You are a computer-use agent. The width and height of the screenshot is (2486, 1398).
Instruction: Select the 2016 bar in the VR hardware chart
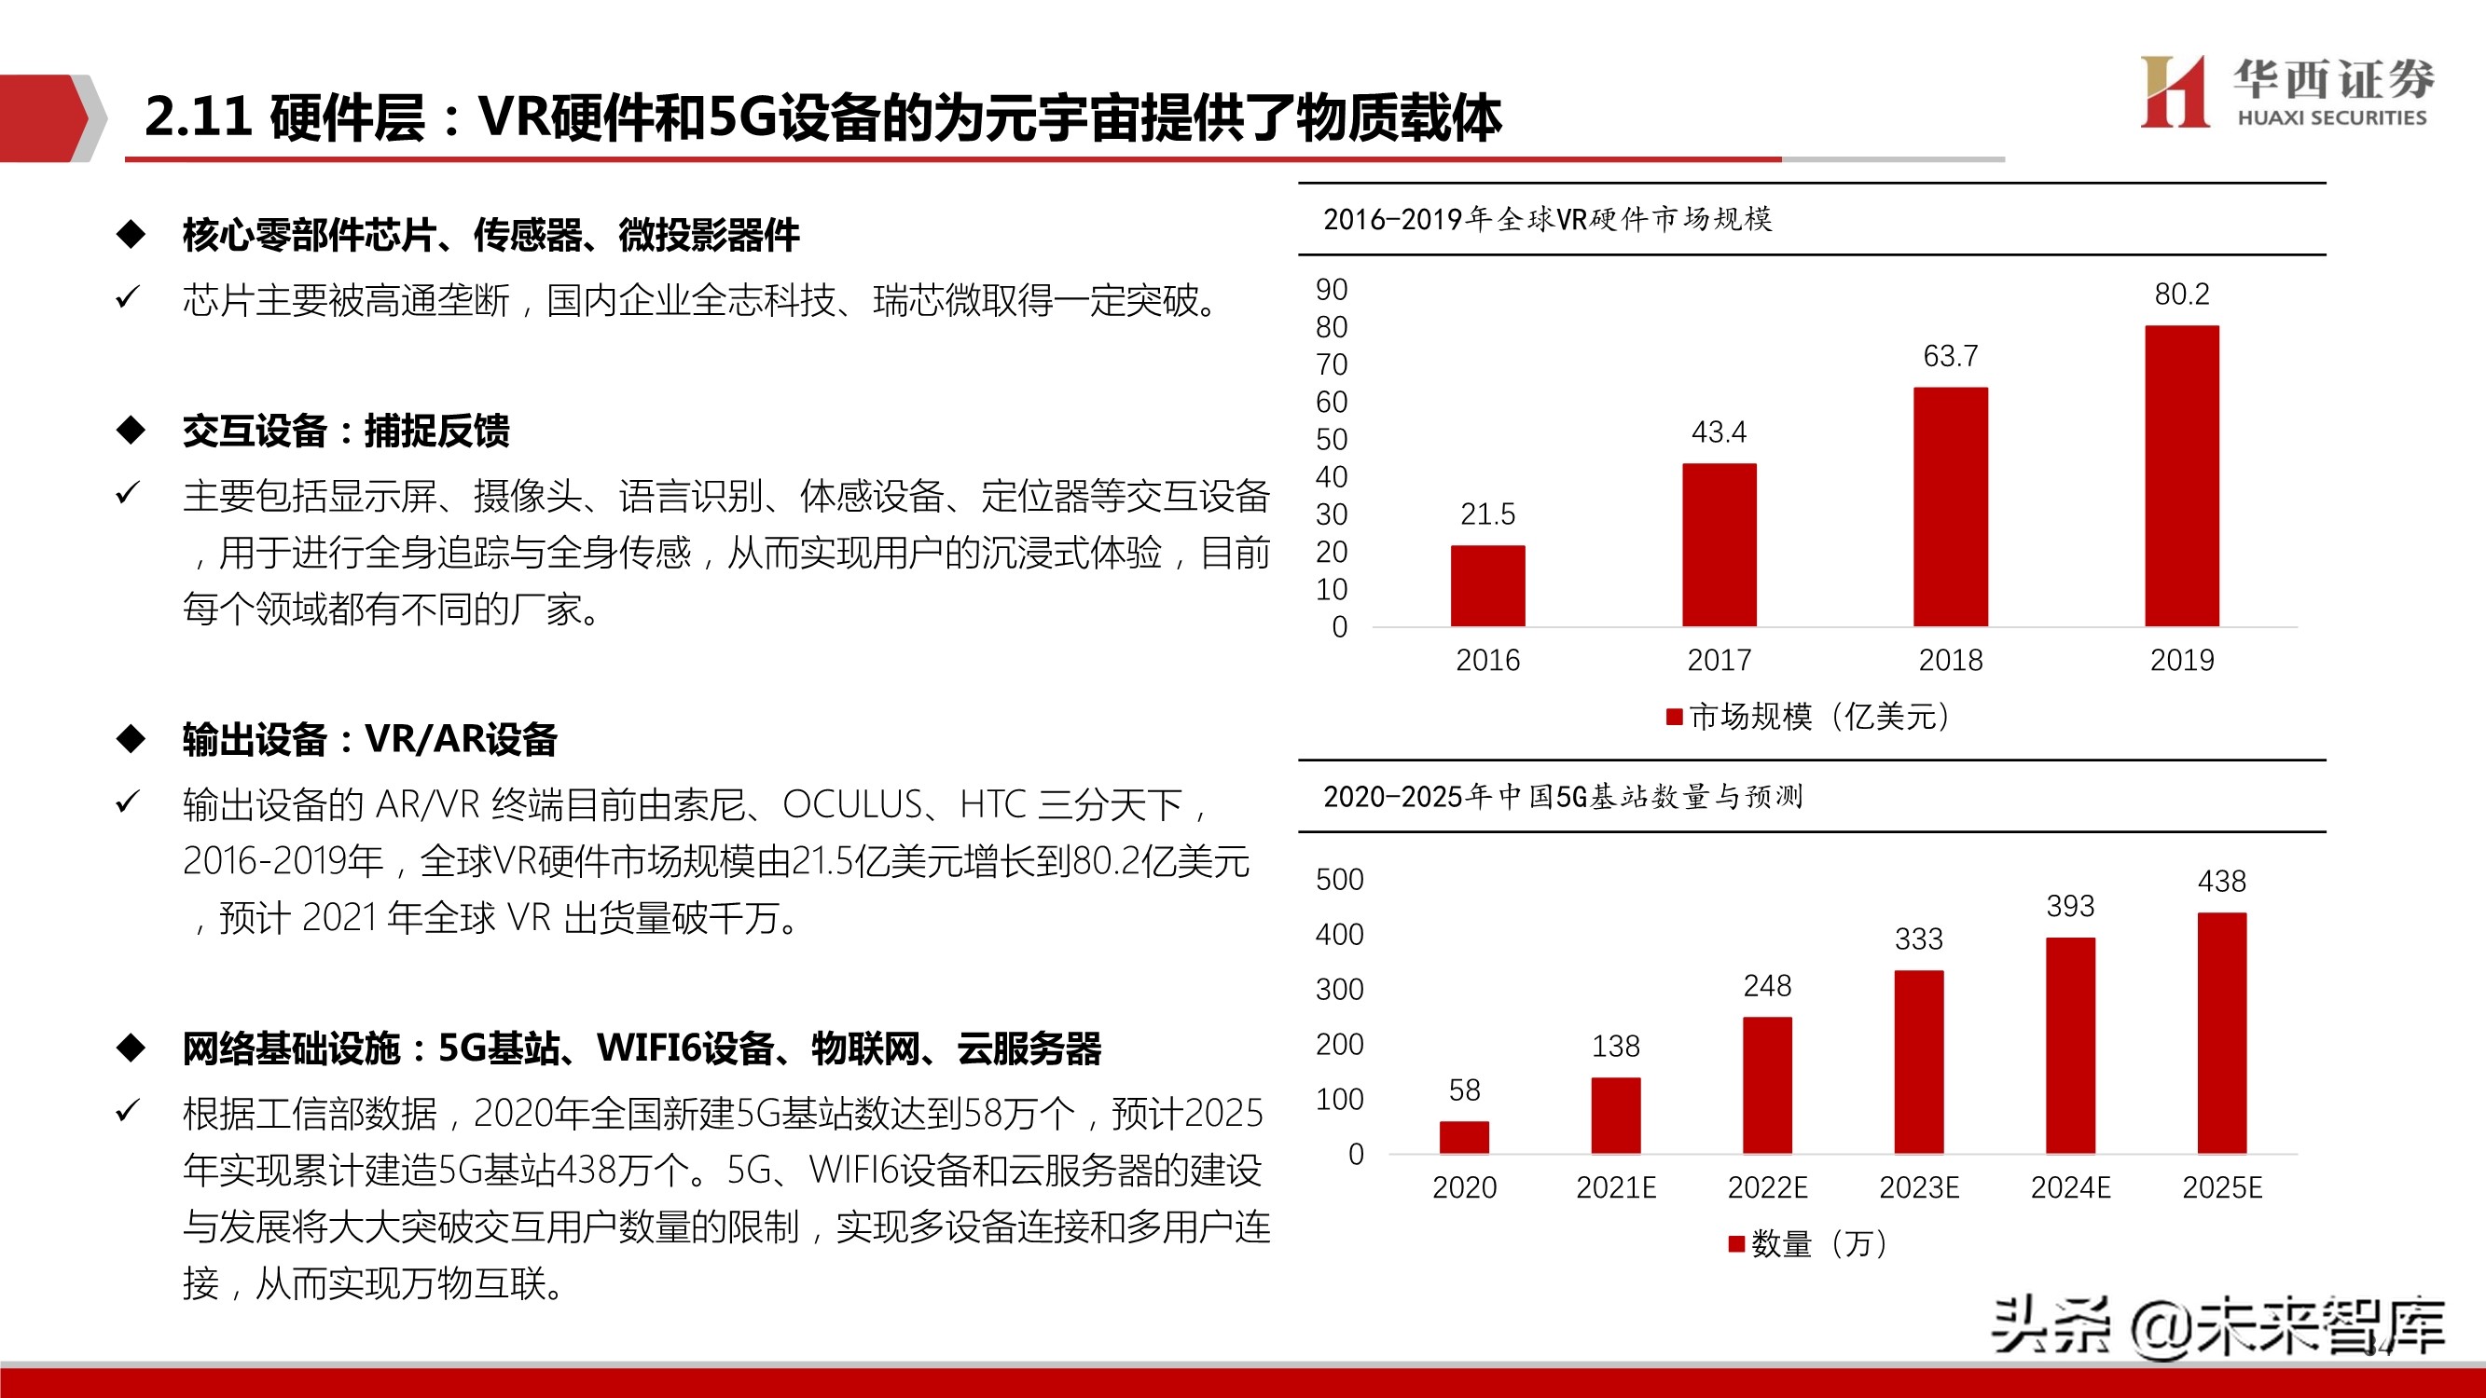pyautogui.click(x=1487, y=585)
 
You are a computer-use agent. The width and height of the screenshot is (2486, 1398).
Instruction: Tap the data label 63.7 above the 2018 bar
pyautogui.click(x=1951, y=356)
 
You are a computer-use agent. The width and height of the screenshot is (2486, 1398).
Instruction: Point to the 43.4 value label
pyautogui.click(x=1719, y=432)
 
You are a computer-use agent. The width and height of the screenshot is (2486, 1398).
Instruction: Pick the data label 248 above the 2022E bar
pyautogui.click(x=1767, y=986)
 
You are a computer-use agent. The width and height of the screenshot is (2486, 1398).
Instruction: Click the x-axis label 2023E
pyautogui.click(x=1918, y=1187)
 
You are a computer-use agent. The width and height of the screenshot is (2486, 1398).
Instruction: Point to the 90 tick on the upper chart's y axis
pyautogui.click(x=1331, y=290)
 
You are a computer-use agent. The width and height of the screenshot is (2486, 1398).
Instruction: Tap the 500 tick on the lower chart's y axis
pyautogui.click(x=1339, y=880)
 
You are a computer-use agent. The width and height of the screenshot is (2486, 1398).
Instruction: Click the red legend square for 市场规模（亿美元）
pyautogui.click(x=1675, y=717)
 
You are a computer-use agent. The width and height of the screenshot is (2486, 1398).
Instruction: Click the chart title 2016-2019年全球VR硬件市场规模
pyautogui.click(x=1547, y=220)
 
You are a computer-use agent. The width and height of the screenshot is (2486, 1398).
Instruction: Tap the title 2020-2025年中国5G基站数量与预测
pyautogui.click(x=1563, y=797)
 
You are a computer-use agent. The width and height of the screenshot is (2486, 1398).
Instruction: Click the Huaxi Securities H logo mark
pyautogui.click(x=2174, y=91)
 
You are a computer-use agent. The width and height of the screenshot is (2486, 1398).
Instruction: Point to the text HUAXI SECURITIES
pyautogui.click(x=2330, y=117)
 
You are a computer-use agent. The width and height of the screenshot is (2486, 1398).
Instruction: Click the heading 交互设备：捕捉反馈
pyautogui.click(x=346, y=431)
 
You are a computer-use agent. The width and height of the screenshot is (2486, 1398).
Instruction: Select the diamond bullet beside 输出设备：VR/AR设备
pyautogui.click(x=131, y=739)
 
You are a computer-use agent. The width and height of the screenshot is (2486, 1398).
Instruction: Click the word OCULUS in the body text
pyautogui.click(x=852, y=804)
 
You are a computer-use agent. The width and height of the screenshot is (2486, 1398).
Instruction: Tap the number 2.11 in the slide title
pyautogui.click(x=198, y=116)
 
